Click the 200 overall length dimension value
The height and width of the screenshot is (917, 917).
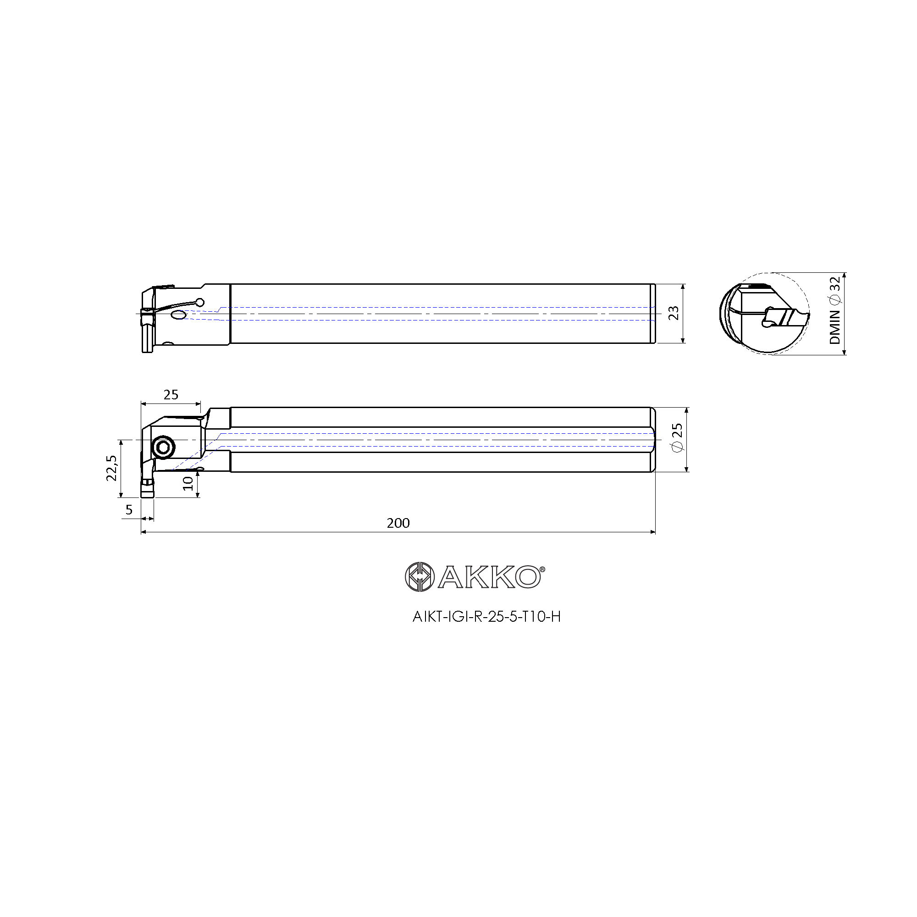click(398, 523)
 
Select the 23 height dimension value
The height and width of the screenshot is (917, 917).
click(674, 313)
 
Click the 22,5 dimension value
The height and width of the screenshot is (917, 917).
click(111, 468)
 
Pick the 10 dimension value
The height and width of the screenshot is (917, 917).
click(188, 483)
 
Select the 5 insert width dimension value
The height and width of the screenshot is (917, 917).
click(129, 510)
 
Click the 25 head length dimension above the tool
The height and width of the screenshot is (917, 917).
click(171, 394)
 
